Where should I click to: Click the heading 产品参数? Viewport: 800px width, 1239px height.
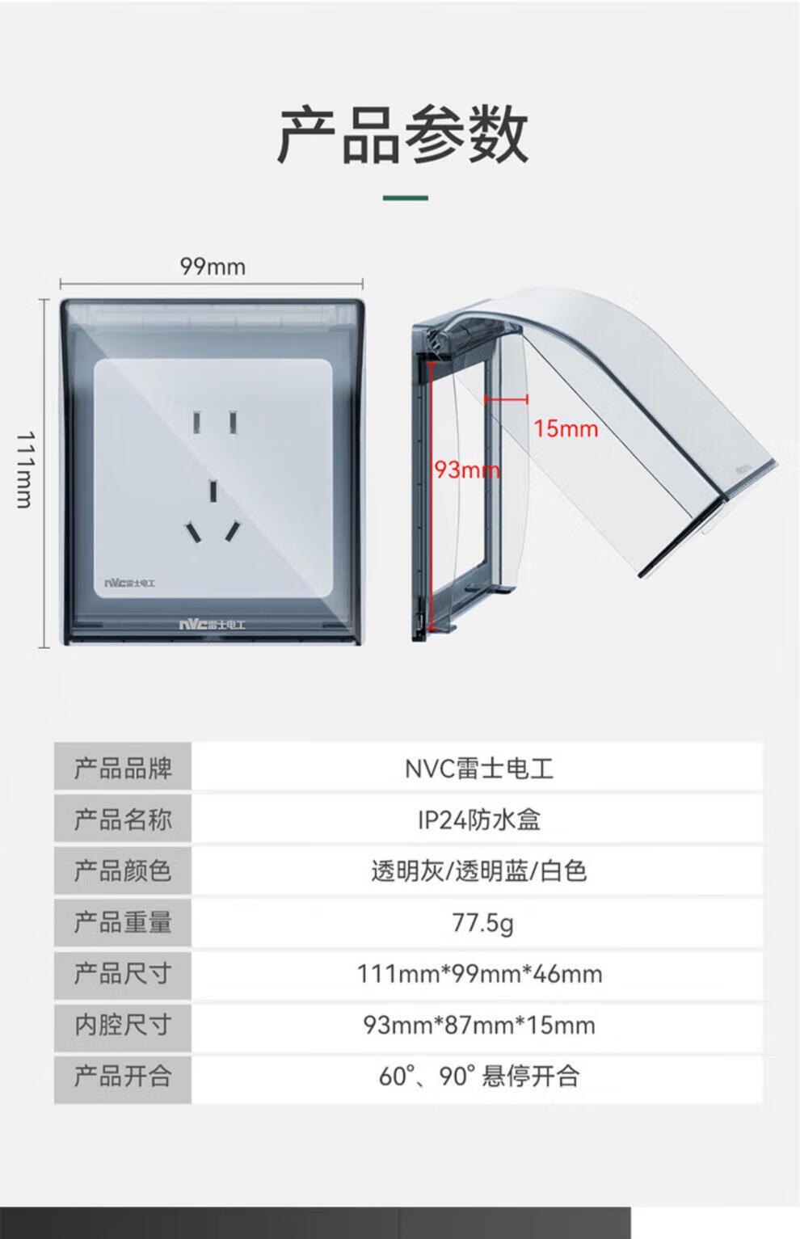(x=402, y=135)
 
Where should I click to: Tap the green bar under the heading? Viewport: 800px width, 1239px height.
(x=405, y=197)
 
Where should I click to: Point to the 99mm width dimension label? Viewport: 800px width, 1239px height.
(x=213, y=266)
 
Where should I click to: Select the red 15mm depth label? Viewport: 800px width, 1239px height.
(x=566, y=428)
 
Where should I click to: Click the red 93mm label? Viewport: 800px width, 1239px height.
(x=466, y=470)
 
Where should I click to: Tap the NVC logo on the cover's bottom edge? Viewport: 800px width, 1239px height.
(x=212, y=625)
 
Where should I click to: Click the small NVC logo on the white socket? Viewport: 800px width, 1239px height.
(x=129, y=582)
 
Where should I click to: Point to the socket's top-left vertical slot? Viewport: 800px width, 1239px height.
(x=196, y=422)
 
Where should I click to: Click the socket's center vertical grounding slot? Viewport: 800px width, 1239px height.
(x=213, y=491)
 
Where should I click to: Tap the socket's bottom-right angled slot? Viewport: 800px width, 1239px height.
(x=233, y=530)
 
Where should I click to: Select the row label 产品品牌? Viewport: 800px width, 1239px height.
(x=123, y=768)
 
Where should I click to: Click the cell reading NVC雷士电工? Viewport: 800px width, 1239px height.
(x=479, y=768)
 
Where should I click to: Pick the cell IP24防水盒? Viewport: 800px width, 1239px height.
(x=479, y=820)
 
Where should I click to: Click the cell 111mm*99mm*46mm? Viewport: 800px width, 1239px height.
(x=479, y=974)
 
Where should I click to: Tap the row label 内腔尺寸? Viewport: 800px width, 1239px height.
(x=123, y=1025)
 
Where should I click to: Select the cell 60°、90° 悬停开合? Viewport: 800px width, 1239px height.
(x=479, y=1077)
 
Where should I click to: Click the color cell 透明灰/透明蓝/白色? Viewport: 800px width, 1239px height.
(x=479, y=871)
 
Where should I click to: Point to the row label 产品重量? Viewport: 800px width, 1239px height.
(x=123, y=922)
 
